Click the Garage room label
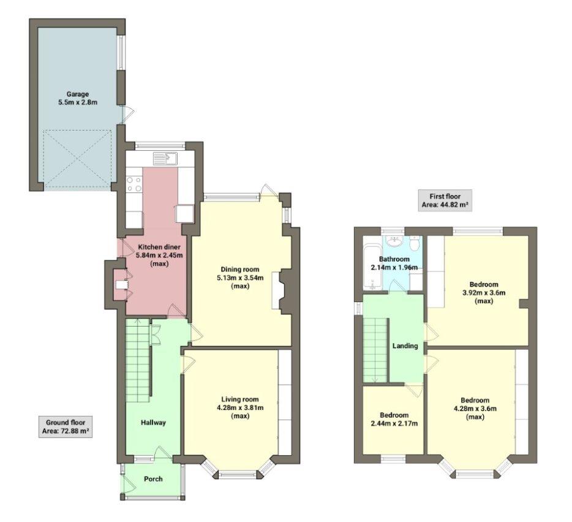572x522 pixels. (78, 94)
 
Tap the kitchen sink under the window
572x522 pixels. (165, 159)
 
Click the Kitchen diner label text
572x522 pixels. (159, 247)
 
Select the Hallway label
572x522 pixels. (153, 423)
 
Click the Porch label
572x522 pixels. (153, 478)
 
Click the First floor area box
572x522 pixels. (445, 200)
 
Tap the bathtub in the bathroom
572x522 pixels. (371, 268)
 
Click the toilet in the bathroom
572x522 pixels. (415, 244)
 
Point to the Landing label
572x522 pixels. (405, 346)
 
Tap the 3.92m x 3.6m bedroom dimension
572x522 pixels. (484, 293)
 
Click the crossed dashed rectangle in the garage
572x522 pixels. (78, 159)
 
